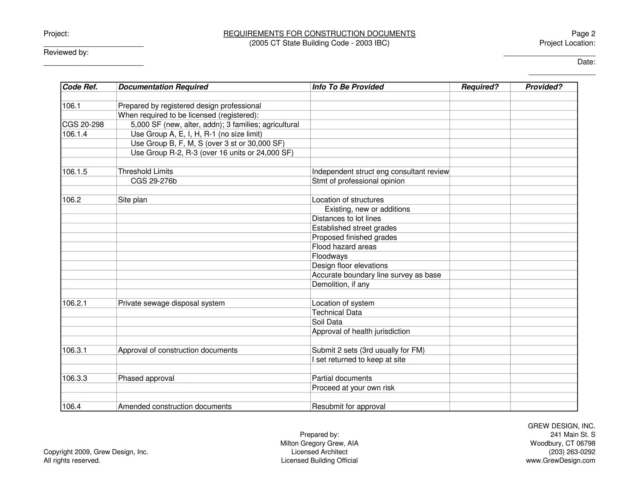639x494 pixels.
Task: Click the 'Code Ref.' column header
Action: pos(80,87)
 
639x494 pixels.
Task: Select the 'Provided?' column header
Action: pos(544,87)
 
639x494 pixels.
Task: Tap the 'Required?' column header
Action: pos(480,87)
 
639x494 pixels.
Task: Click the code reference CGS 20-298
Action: pos(83,125)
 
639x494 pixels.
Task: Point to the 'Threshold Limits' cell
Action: pos(145,171)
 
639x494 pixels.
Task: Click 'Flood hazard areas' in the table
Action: pos(344,247)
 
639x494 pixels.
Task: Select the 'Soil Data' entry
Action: pos(327,322)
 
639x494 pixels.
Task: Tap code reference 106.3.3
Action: pos(75,378)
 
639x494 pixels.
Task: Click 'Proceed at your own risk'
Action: pos(353,388)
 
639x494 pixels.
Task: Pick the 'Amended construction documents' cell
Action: pos(175,406)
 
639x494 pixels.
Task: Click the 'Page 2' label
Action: pos(583,34)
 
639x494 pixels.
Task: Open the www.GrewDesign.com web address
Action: pos(560,460)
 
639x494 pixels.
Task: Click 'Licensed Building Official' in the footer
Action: pos(319,460)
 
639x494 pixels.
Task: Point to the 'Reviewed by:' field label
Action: pos(66,52)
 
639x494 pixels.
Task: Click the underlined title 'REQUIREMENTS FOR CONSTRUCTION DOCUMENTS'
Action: pos(319,34)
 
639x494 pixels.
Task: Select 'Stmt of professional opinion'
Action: pos(358,181)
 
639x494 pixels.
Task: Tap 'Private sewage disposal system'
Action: pos(171,303)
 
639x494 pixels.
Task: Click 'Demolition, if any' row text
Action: pos(340,284)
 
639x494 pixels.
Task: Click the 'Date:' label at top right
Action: pos(586,62)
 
